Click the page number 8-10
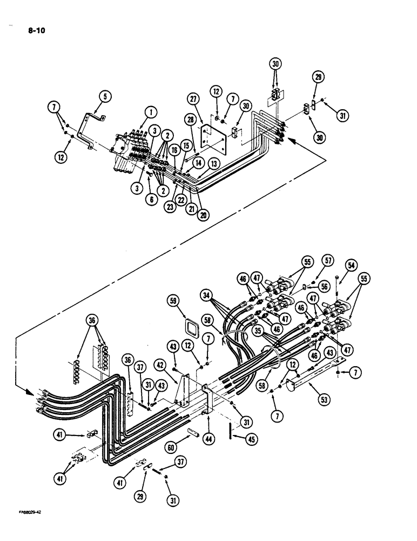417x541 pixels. coord(36,31)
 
